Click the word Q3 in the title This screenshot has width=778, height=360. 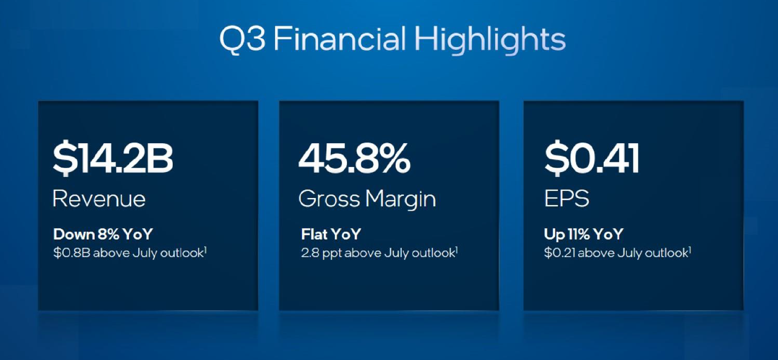tap(242, 39)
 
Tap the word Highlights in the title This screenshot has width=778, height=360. tap(490, 40)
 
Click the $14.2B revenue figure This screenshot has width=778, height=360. tap(113, 159)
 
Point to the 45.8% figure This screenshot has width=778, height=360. tap(354, 158)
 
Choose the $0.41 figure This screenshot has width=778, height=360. tap(592, 158)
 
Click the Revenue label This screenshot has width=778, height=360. tap(99, 199)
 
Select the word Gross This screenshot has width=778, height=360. tap(329, 199)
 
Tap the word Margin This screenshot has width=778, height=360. tap(401, 200)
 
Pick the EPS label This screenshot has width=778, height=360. tap(567, 199)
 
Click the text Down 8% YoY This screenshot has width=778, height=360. tap(103, 234)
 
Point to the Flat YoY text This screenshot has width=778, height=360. tap(331, 234)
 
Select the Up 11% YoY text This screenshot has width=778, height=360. tap(583, 234)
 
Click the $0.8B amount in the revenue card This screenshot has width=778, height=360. tap(71, 253)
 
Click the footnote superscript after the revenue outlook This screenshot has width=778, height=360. tap(205, 250)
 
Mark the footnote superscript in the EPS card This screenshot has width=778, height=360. tap(689, 250)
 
